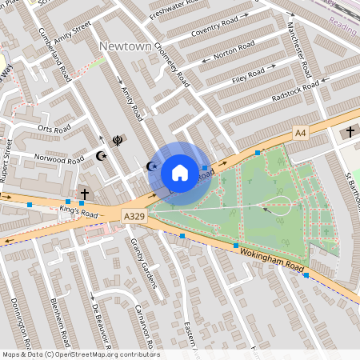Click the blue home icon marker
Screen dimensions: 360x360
coord(180,172)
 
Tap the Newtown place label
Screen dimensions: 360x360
coord(125,47)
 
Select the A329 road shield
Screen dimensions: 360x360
coord(134,217)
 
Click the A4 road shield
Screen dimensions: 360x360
coord(300,132)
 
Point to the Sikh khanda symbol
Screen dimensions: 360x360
coord(118,140)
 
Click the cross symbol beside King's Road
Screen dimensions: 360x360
coord(85,194)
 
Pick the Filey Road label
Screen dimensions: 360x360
coord(250,75)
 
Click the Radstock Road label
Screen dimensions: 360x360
coord(295,90)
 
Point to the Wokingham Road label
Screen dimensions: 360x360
coord(270,261)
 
